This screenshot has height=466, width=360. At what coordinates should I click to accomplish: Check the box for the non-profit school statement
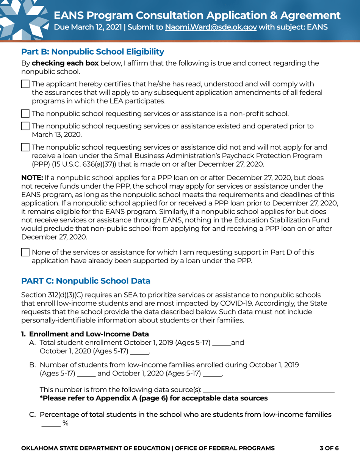(25, 113)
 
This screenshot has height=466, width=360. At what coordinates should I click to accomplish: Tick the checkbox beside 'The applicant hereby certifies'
(25, 84)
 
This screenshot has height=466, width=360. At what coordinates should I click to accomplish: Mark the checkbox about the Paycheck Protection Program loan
(25, 147)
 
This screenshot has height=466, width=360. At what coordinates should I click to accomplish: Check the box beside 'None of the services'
(25, 252)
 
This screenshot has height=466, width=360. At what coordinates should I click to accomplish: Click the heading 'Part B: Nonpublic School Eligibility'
(92, 52)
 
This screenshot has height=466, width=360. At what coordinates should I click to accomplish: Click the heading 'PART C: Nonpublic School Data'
(86, 281)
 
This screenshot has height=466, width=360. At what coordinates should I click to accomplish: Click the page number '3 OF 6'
(329, 448)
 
